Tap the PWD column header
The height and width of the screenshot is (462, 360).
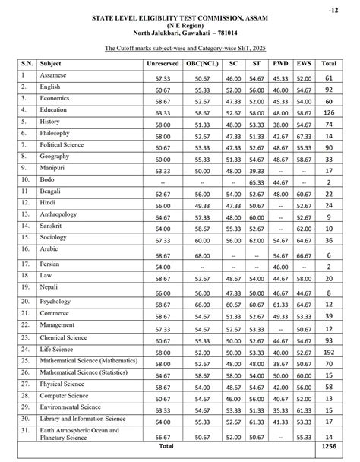point(280,64)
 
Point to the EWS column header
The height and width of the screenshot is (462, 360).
point(304,64)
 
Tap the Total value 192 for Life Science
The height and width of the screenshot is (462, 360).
point(329,353)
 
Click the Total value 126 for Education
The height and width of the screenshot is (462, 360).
point(329,112)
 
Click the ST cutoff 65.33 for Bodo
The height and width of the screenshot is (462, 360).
point(257,183)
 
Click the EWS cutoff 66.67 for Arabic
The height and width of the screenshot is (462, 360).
point(304,255)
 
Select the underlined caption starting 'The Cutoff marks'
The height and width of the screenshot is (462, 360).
point(179,47)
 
